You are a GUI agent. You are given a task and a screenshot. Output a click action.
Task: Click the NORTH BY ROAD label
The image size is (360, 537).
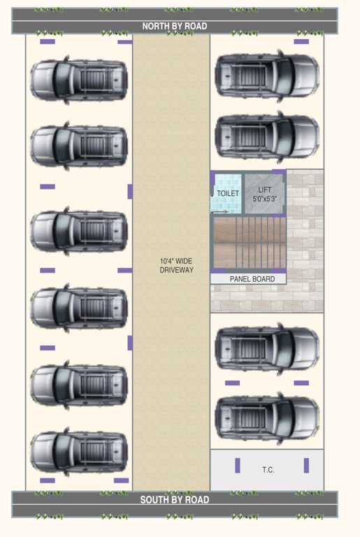(175, 26)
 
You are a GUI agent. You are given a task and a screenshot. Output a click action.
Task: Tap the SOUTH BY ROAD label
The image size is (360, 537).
(175, 500)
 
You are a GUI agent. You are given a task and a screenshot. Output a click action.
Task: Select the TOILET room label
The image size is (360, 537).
(228, 193)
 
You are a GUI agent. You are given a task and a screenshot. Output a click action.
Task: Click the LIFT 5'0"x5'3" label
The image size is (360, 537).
(265, 194)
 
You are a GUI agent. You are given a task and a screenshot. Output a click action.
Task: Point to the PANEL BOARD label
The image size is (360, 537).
(252, 279)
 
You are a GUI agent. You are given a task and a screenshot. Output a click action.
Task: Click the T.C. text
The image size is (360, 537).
(268, 470)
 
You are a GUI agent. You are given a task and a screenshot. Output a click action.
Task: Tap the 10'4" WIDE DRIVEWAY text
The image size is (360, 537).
(176, 266)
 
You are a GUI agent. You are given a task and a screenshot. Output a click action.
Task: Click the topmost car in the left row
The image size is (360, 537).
(79, 80)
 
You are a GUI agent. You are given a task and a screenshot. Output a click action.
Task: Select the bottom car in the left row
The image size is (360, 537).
(79, 452)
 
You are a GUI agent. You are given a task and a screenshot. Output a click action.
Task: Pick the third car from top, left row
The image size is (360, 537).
(79, 231)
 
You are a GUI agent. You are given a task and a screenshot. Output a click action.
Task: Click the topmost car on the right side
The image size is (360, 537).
(267, 76)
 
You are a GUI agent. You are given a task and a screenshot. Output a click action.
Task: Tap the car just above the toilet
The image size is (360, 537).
(267, 136)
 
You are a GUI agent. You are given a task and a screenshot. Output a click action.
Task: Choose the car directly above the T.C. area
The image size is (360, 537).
(267, 418)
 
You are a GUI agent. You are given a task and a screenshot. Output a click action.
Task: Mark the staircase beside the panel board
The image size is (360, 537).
(248, 243)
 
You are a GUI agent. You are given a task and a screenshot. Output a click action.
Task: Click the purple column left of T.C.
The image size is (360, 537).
(238, 466)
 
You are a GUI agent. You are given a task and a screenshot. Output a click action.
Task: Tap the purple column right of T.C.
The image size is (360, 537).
(306, 466)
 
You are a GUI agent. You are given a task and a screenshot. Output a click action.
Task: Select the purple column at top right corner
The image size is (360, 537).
(301, 42)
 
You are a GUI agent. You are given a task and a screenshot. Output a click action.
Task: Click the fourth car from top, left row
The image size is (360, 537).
(79, 308)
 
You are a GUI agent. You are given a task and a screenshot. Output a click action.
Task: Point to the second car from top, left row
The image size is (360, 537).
(79, 146)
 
